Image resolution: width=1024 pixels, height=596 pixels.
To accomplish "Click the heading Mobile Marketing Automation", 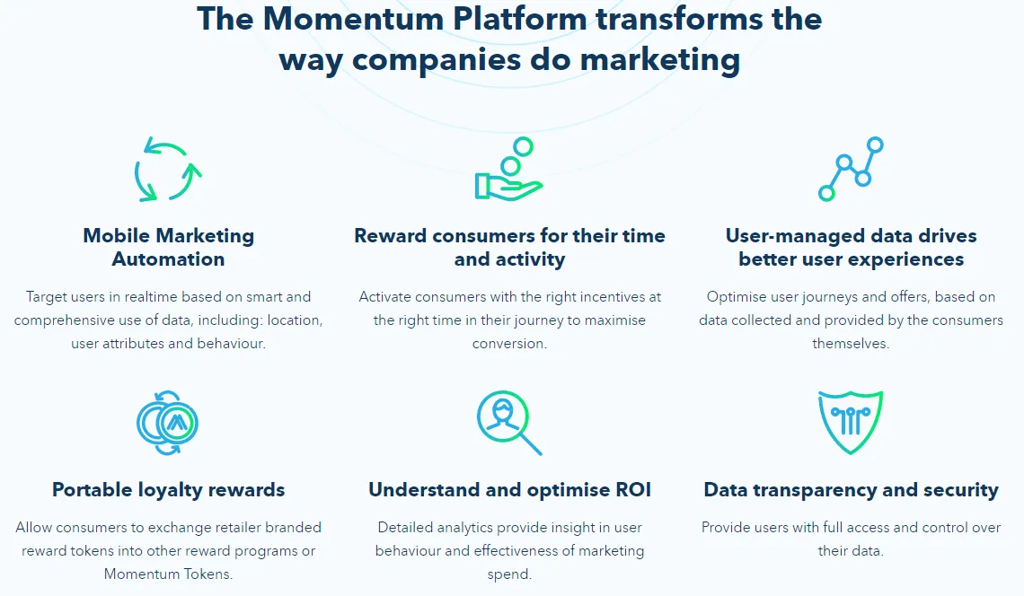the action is click(x=169, y=248).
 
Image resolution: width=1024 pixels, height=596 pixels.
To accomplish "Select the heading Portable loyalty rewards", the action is click(x=169, y=489).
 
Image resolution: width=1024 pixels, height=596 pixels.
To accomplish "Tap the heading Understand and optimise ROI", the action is click(x=509, y=489).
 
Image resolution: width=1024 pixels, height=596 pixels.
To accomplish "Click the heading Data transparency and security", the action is click(x=851, y=489).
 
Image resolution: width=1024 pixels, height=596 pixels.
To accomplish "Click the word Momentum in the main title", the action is click(x=353, y=18).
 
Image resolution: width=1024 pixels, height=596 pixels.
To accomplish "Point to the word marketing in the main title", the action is click(x=660, y=60).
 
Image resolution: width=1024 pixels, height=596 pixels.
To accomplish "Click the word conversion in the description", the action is click(x=509, y=344).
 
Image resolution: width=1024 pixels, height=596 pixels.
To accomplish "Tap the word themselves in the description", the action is click(x=851, y=344).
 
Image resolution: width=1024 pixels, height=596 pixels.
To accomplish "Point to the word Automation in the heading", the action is click(x=169, y=259).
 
